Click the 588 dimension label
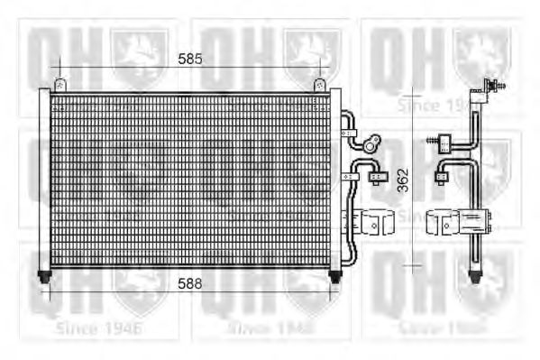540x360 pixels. pos(188,283)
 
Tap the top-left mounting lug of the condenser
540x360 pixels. pos(60,84)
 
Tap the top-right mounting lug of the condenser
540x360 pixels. pos(319,84)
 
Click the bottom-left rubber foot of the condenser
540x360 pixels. pos(43,272)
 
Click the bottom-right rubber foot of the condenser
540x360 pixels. pos(335,272)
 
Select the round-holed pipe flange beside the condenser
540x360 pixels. pos(368,143)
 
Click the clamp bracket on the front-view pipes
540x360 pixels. pos(373,222)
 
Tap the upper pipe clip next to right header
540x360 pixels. pos(349,134)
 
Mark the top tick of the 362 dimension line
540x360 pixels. pos(411,89)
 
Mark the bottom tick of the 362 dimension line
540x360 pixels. pos(411,265)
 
